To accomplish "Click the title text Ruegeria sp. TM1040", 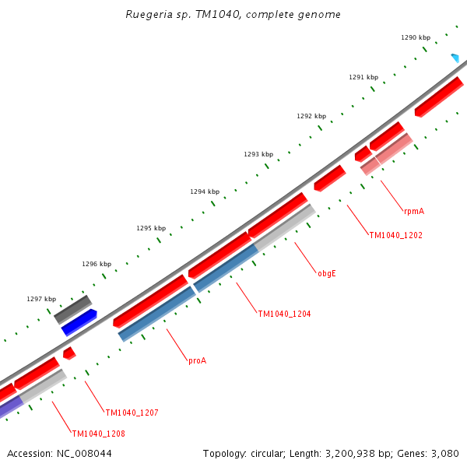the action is coord(233,15).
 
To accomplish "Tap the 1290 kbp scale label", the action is coord(415,37).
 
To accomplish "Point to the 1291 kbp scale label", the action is coord(363,77).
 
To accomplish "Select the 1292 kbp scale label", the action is coord(311,116).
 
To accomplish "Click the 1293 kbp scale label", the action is coord(258,154).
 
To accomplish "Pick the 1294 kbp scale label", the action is coord(204,191).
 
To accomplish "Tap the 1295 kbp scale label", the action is coord(150,228).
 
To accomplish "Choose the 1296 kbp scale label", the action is coord(96,264).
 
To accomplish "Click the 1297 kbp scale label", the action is coord(40,299).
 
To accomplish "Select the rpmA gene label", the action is coord(413,211).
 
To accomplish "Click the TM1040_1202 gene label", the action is coord(395,235).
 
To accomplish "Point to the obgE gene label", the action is coord(326,273).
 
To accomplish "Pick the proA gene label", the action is coord(197,360).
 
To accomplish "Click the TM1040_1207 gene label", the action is coord(132,413).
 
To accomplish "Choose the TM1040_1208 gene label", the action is coord(98,434).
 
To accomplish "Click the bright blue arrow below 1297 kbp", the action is coord(79,322).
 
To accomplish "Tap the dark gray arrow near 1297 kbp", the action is coord(72,309).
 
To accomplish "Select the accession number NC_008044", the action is coord(59,453).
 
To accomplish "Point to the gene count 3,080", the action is coord(444,453).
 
